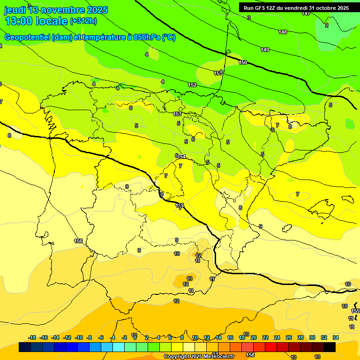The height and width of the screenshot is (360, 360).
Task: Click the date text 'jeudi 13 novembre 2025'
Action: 56,9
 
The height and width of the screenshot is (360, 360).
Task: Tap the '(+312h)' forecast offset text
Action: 83,21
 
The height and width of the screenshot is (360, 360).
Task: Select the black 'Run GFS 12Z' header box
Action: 296,8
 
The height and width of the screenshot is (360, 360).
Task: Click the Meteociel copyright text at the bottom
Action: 199,357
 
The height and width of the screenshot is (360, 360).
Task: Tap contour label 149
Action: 265,50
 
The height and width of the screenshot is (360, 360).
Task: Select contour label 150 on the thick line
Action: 243,62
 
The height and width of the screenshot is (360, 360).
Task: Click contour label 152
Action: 192,85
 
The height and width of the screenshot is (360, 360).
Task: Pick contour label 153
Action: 177,114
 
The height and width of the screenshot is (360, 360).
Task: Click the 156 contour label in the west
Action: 78,241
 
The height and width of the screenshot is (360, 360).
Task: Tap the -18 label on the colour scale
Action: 32,337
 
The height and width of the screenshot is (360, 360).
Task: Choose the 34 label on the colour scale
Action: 336,337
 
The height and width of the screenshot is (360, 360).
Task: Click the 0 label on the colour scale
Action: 135,337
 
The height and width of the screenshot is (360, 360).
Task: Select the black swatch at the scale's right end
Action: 330,347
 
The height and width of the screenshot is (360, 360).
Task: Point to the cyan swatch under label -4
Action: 119,347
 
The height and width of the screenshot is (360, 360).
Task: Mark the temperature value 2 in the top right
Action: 327,25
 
